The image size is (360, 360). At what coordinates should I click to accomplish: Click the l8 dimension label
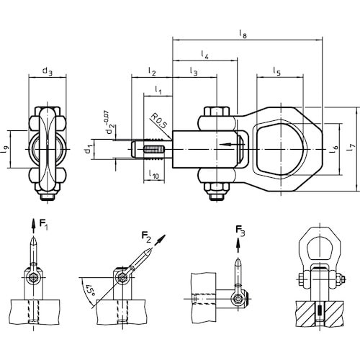[x=243, y=34]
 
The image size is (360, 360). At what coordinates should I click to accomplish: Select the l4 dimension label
[x=204, y=55]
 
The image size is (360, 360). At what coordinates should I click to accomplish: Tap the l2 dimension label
[x=152, y=71]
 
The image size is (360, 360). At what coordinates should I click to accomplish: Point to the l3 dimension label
[x=194, y=71]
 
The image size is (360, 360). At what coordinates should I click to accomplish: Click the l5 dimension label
[x=276, y=71]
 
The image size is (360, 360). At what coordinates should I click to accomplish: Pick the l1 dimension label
[x=158, y=90]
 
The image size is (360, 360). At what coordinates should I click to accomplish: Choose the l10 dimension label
[x=154, y=174]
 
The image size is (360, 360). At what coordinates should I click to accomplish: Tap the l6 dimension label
[x=334, y=148]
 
